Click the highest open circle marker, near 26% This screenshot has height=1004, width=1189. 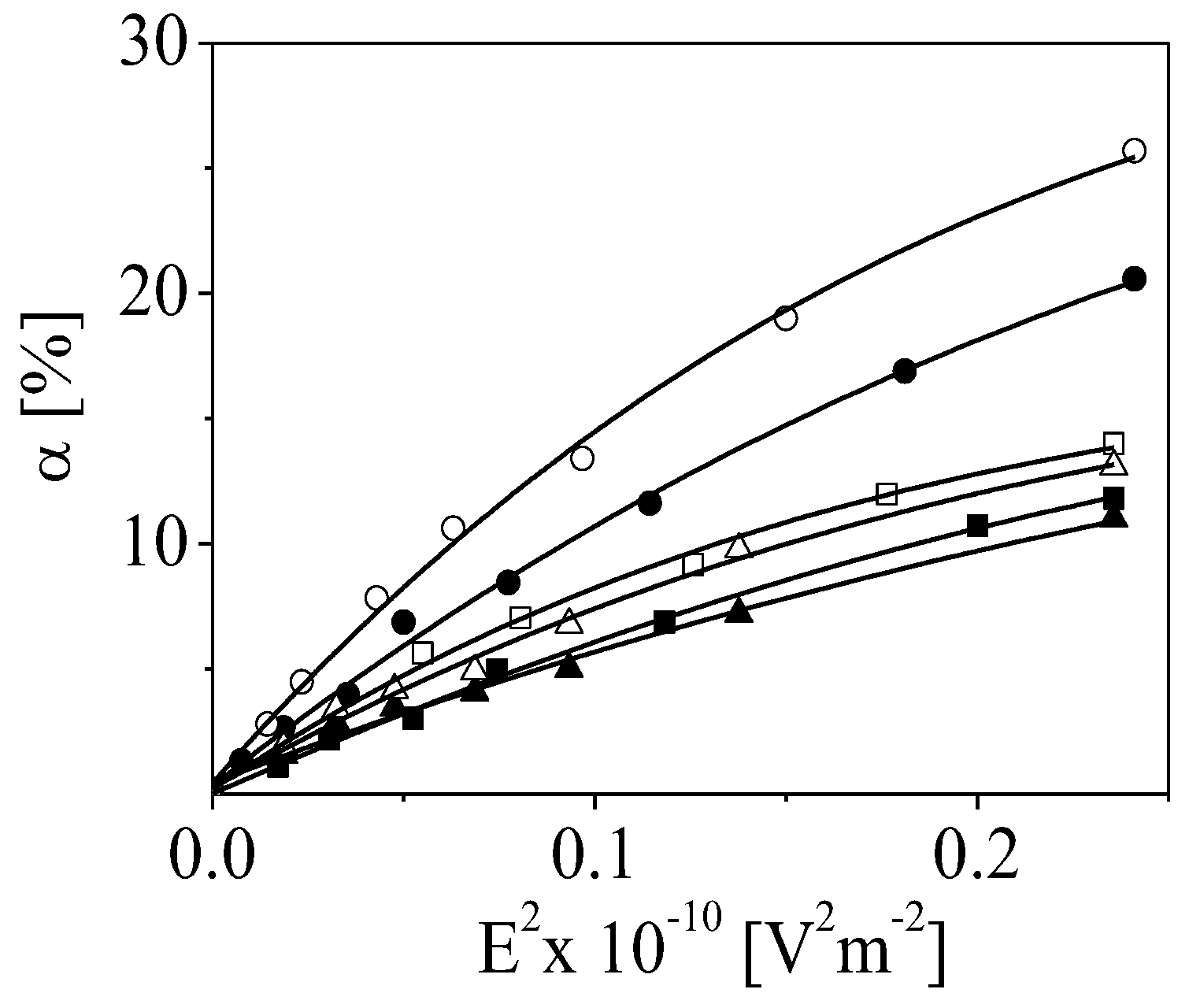[1135, 150]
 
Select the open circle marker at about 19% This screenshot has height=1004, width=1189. [785, 318]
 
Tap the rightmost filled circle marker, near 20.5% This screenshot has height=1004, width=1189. [1135, 279]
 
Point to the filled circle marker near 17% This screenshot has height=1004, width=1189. [905, 371]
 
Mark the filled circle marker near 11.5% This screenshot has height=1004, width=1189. [650, 503]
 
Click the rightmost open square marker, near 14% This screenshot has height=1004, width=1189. [1113, 443]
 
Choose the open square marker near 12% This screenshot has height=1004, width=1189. [887, 495]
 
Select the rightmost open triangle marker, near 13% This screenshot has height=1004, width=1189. [1114, 463]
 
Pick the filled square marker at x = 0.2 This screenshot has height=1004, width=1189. [977, 525]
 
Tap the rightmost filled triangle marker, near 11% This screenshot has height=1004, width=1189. [1114, 517]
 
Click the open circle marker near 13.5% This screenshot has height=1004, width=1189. [582, 458]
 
